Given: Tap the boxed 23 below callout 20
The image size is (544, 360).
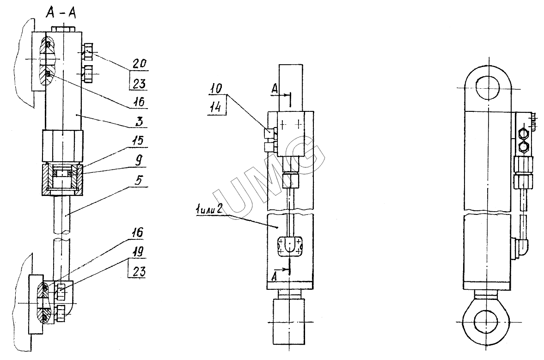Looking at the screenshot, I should pos(138,83).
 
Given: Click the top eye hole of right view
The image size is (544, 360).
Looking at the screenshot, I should pos(488,87).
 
